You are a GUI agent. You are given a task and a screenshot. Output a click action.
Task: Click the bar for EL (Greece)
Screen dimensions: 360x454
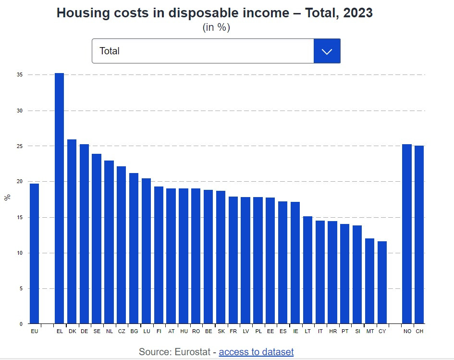coord(60,198)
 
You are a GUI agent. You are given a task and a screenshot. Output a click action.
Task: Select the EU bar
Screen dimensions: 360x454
coord(34,253)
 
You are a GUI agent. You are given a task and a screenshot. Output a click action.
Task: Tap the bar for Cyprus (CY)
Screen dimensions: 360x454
coord(382,282)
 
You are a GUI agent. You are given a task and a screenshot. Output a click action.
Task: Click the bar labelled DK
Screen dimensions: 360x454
coord(72,231)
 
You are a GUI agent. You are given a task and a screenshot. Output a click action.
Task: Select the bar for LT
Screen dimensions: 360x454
coord(307,270)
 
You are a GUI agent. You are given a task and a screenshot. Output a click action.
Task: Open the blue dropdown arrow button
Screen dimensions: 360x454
coord(327,51)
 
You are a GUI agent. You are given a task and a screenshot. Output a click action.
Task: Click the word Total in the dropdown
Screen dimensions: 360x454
coord(110,51)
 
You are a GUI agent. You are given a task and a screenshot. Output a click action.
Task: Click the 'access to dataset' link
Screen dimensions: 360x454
coord(256,352)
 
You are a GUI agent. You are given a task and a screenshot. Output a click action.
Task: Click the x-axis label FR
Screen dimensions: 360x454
coord(233,331)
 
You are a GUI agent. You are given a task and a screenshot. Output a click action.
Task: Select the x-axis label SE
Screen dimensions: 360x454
coord(97,331)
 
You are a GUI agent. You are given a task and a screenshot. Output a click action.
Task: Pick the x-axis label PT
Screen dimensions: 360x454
coord(344,331)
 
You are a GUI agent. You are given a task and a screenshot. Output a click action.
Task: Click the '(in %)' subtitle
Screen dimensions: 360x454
coord(216,27)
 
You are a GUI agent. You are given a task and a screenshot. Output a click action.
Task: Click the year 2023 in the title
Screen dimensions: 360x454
coord(356,13)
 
